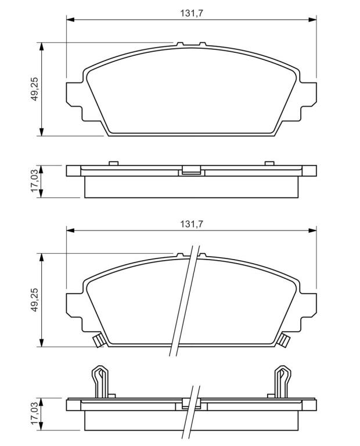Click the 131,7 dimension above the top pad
pos(192,13)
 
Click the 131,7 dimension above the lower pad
pos(192,224)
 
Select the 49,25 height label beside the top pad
pos(35,89)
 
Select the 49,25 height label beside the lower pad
pos(35,300)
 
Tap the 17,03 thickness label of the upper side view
pos(35,181)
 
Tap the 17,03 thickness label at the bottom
pos(35,413)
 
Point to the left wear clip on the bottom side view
pos(99,381)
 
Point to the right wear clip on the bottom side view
pos(283,381)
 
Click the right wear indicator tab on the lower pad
pos(283,340)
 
